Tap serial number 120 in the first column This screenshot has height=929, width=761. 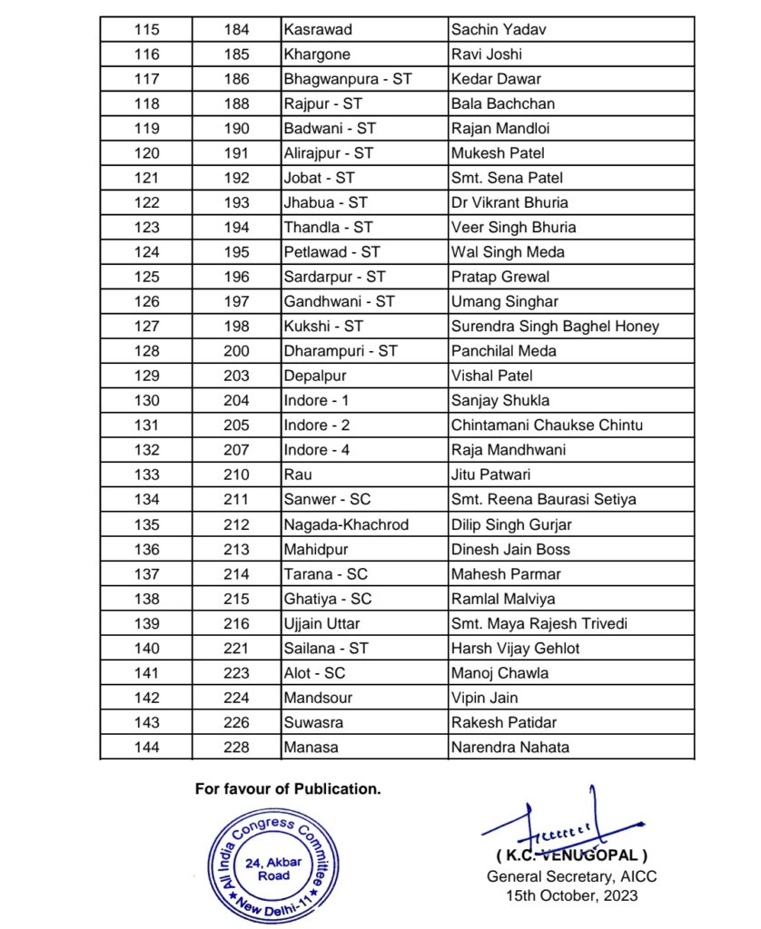tap(146, 153)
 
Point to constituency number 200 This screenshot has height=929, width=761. tap(237, 351)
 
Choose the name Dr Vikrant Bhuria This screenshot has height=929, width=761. tap(509, 203)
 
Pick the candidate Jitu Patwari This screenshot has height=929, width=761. tap(491, 474)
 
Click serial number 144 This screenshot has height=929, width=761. tap(146, 748)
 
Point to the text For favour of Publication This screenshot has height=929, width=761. tap(288, 789)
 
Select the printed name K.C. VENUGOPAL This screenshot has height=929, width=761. tap(572, 856)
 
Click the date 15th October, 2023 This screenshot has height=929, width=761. tap(572, 896)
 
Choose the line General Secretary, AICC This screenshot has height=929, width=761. tap(572, 876)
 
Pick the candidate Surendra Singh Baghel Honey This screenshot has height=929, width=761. tap(555, 327)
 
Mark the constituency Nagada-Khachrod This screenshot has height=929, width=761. tap(346, 524)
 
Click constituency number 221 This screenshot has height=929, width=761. tap(237, 649)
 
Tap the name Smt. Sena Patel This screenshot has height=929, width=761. tap(500, 178)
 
